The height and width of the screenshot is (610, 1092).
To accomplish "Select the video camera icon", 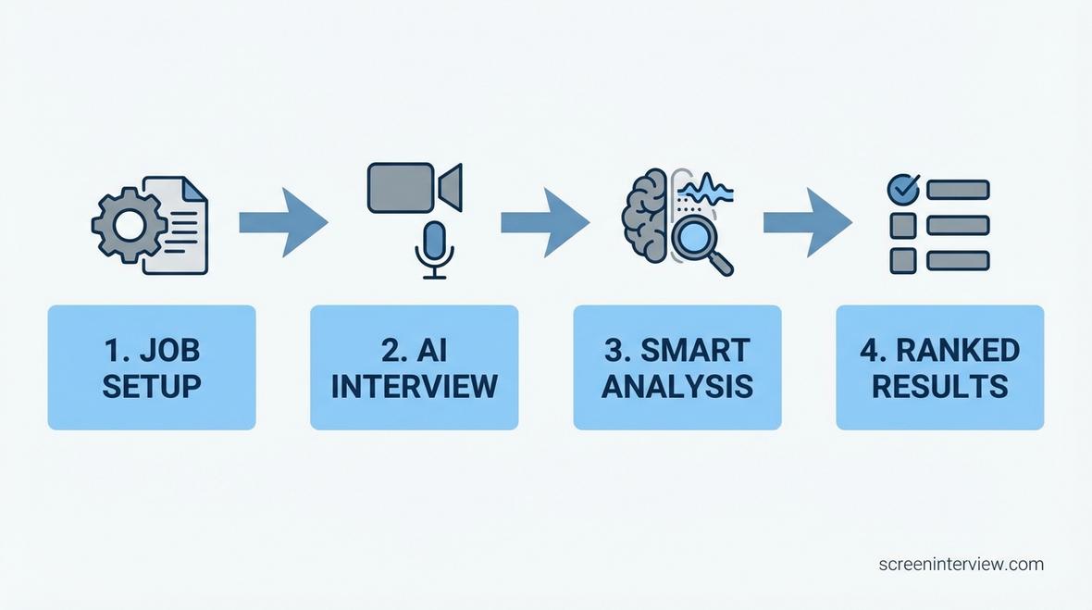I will (x=413, y=187).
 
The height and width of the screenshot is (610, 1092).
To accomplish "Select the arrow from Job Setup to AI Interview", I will (x=282, y=222).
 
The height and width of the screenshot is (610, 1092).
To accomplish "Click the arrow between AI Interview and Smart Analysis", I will (x=544, y=222).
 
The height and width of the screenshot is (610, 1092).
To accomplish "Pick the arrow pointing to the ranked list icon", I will (x=807, y=222).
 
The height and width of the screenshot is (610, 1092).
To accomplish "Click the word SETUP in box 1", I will (x=152, y=386).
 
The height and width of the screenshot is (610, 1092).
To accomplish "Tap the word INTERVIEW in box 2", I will (x=415, y=386).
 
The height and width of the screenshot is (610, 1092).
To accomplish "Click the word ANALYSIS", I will (x=677, y=386).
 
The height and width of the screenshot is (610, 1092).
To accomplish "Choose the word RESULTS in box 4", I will (x=940, y=386).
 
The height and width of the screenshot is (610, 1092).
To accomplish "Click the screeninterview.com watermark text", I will (x=961, y=564).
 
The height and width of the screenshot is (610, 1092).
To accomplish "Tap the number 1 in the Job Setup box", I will (x=111, y=351).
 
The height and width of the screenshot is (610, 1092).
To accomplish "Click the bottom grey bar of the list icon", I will (x=958, y=260).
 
